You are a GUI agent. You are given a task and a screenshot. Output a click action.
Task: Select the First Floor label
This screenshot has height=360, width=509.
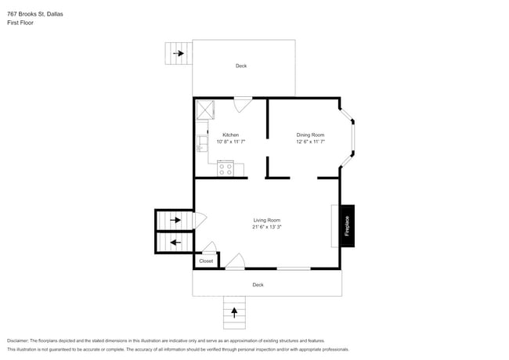pos(20,23)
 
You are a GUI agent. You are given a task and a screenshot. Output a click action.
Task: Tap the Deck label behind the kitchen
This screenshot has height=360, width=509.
pos(241,66)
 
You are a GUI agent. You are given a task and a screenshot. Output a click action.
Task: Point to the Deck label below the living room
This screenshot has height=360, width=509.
pos(258,285)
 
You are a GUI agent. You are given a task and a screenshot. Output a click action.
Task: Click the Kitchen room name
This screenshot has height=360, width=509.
pos(230,135)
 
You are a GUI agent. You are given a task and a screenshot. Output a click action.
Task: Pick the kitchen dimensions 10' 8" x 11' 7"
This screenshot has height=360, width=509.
pos(231,142)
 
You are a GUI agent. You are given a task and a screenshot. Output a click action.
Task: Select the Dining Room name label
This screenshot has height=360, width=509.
pos(310,135)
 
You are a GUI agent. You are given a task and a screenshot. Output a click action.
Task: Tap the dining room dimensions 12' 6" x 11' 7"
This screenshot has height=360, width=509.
pos(310,142)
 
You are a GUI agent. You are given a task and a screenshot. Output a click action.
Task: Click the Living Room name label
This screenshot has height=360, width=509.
pos(267,220)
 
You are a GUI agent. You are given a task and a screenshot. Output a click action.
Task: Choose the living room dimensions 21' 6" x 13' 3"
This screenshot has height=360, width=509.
pos(267,228)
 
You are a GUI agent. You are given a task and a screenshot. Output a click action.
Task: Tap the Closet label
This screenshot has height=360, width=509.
pos(206,261)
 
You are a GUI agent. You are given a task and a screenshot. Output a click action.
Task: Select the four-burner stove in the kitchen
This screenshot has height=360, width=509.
pos(226,167)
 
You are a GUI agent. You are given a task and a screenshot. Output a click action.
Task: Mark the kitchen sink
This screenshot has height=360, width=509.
pos(201,142)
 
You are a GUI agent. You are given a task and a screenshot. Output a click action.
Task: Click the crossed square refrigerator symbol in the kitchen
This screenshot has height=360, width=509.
pos(206,109)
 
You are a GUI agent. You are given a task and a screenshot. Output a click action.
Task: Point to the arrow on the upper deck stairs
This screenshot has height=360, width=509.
pos(179,53)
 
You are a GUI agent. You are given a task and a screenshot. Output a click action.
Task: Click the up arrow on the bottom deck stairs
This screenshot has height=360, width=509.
pos(234,313)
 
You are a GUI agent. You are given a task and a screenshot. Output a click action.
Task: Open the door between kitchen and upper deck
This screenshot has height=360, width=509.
pos(243,103)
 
